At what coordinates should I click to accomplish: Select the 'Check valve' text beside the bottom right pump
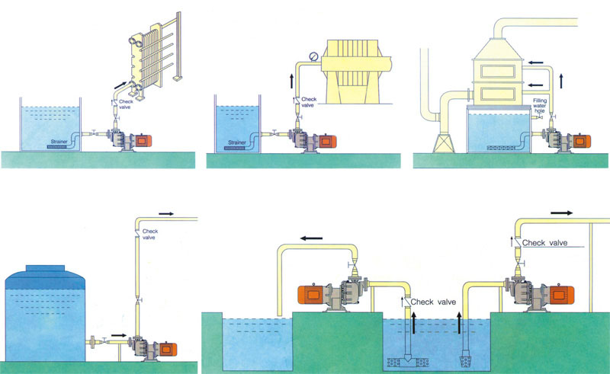point(546,242)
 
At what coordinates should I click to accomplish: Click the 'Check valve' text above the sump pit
point(434,302)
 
